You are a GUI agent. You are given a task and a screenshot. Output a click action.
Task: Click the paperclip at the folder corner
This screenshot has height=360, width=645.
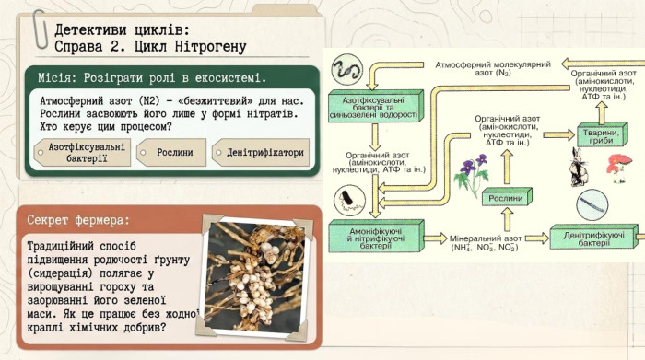(41, 29)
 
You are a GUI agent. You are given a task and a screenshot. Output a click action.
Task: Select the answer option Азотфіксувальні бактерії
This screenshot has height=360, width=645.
(82, 153)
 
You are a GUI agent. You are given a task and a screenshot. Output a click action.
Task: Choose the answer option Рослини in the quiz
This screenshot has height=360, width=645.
(171, 153)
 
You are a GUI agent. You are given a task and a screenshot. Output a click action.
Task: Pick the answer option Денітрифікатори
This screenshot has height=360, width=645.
(261, 153)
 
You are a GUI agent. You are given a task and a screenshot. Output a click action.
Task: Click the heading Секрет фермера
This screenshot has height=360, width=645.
(78, 220)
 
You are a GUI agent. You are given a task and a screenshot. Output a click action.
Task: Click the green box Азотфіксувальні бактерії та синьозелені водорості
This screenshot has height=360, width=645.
(376, 107)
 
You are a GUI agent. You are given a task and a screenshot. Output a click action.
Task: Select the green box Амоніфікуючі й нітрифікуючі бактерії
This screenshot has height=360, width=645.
(376, 238)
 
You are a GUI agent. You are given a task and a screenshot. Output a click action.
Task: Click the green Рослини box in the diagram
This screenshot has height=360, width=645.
(507, 197)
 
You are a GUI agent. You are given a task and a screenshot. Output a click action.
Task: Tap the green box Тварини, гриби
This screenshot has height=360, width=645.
(603, 134)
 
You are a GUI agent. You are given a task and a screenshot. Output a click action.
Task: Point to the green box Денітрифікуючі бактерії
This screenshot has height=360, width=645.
(593, 238)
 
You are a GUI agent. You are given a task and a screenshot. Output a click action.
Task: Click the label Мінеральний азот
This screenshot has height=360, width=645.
(486, 238)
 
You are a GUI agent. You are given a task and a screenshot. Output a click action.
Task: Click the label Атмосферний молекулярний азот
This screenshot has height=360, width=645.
(493, 68)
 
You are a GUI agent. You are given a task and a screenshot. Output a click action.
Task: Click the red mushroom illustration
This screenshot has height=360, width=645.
(618, 168)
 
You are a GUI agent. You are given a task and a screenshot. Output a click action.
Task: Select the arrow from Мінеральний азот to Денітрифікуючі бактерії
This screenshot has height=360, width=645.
(537, 238)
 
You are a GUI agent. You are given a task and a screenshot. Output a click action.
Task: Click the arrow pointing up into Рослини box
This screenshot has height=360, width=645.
(507, 219)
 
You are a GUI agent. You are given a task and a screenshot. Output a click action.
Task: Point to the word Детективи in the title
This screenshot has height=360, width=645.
(85, 29)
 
